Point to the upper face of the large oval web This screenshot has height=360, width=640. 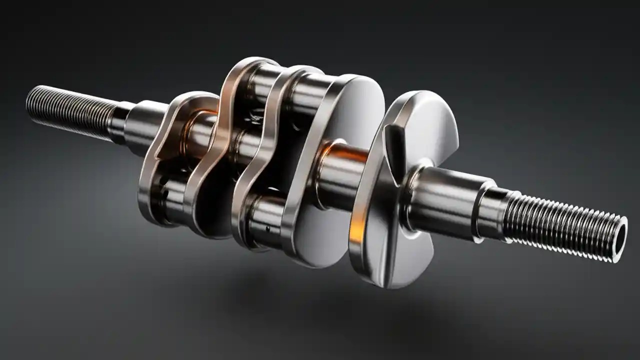(350, 110)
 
